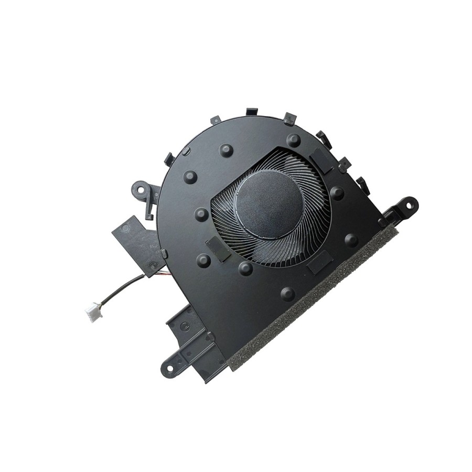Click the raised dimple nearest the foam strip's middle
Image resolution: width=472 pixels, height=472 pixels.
coord(287,294)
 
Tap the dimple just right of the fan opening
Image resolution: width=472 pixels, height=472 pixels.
coord(337,192)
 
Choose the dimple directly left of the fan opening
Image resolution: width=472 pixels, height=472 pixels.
coord(201,214)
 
